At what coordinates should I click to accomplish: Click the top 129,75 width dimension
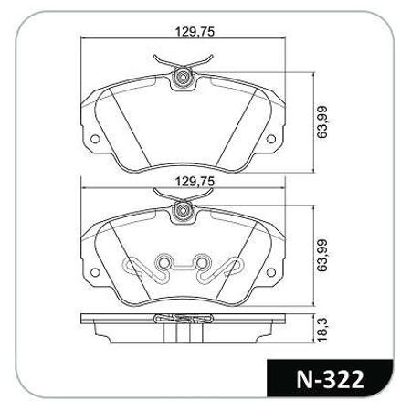(x=195, y=32)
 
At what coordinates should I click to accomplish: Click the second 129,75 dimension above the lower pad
(x=195, y=182)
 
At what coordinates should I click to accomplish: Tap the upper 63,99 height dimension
(x=322, y=121)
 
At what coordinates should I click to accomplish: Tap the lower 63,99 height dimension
(x=322, y=255)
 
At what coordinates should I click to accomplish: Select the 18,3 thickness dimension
(x=322, y=330)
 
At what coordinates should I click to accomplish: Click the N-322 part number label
(x=330, y=379)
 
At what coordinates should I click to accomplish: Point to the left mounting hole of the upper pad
(x=95, y=139)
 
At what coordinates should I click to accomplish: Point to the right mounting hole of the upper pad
(x=270, y=139)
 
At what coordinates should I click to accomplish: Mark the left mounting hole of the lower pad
(x=95, y=272)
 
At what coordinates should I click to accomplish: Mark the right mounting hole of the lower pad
(x=270, y=272)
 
